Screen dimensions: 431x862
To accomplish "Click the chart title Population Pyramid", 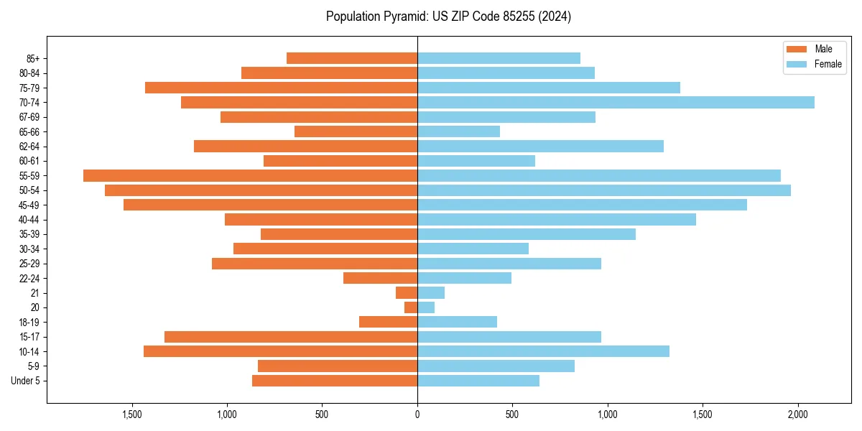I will [448, 17].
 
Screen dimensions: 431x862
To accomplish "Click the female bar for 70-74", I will [616, 103].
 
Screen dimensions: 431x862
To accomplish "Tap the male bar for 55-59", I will [250, 175].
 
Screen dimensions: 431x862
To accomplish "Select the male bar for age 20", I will [411, 307].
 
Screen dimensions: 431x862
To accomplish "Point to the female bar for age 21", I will [431, 293].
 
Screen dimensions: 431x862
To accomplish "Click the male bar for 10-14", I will [280, 351].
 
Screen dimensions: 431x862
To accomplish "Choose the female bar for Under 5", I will [478, 381].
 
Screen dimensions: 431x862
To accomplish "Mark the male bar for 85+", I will [352, 58].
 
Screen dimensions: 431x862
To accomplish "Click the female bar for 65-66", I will [458, 131].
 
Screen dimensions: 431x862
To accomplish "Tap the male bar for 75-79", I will [281, 88].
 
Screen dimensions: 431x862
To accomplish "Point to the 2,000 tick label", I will [798, 414].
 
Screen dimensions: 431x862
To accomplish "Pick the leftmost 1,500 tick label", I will [132, 414].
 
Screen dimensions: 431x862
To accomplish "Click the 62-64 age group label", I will [29, 147].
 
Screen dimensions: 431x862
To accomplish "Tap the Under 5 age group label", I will [26, 381].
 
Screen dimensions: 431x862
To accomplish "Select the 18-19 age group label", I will [29, 323].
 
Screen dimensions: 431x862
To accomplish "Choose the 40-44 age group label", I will [29, 220].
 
